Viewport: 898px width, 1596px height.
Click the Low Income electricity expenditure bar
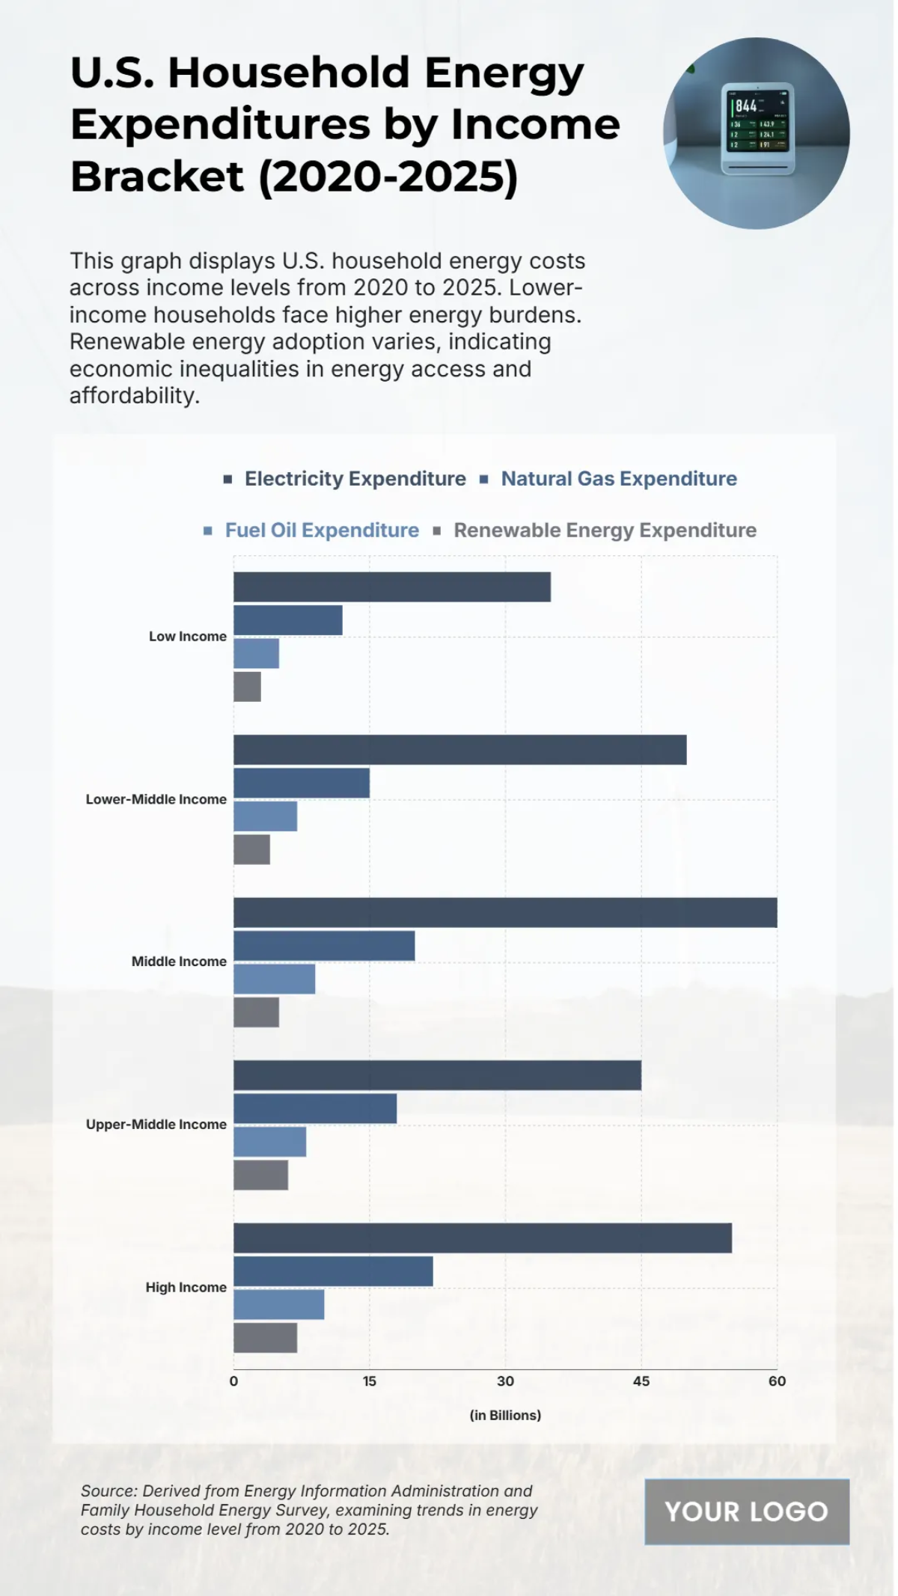(391, 587)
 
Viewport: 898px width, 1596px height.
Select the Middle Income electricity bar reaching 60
(505, 912)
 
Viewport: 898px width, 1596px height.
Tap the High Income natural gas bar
(333, 1271)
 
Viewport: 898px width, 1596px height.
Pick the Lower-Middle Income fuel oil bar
(265, 816)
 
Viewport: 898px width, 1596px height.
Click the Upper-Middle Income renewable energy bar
(260, 1175)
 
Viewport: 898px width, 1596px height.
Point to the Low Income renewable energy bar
(247, 686)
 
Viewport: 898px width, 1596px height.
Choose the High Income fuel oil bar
(278, 1304)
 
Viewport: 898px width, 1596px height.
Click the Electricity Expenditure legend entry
(355, 479)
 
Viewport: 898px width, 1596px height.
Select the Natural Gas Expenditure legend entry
(618, 479)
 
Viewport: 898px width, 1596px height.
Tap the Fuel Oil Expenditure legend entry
(322, 531)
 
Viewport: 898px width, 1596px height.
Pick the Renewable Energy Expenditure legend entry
(605, 531)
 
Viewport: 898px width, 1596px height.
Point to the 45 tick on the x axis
(641, 1381)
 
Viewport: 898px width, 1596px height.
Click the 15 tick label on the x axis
(370, 1381)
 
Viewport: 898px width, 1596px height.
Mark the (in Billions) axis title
(505, 1415)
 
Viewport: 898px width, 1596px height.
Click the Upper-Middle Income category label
(156, 1124)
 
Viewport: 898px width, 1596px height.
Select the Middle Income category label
(179, 961)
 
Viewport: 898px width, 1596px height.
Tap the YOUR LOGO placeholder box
(746, 1511)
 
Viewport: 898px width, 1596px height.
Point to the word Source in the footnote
(107, 1491)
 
